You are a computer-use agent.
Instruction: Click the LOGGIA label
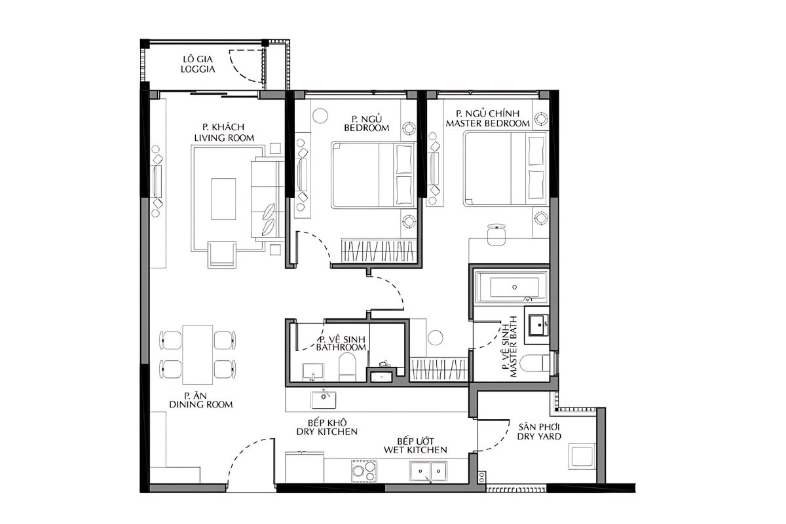tap(198, 69)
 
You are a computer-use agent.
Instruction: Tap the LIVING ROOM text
tap(224, 138)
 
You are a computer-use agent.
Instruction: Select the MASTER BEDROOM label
tap(488, 124)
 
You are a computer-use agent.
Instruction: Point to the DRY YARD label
tap(539, 436)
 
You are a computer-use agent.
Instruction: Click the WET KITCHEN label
tap(415, 449)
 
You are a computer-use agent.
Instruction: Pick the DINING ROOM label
tap(200, 405)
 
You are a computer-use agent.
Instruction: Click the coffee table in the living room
tap(223, 199)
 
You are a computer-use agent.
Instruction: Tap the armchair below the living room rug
tap(222, 254)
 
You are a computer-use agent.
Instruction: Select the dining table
tap(198, 354)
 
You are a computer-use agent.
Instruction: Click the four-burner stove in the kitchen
tap(364, 470)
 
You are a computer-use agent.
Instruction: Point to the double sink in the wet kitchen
tap(428, 471)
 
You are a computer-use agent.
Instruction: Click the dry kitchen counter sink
tap(324, 400)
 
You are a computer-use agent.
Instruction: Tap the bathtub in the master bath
tap(511, 286)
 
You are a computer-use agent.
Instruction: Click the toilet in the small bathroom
tap(347, 367)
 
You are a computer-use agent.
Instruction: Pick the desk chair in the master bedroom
tap(496, 234)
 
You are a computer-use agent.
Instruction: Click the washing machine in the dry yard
tap(582, 457)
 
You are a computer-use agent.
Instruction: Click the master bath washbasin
tap(537, 325)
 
